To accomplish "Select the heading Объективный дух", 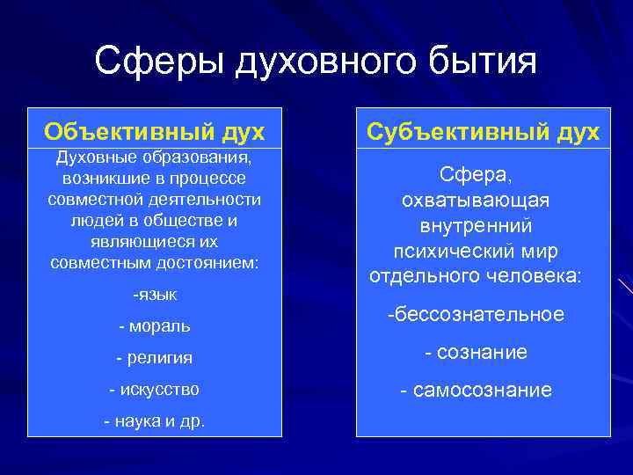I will pyautogui.click(x=154, y=131).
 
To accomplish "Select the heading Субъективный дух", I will pyautogui.click(x=483, y=131).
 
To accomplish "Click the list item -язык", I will pyautogui.click(x=154, y=294).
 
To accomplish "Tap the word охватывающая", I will pyautogui.click(x=475, y=200).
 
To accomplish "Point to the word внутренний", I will pyautogui.click(x=475, y=225).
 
